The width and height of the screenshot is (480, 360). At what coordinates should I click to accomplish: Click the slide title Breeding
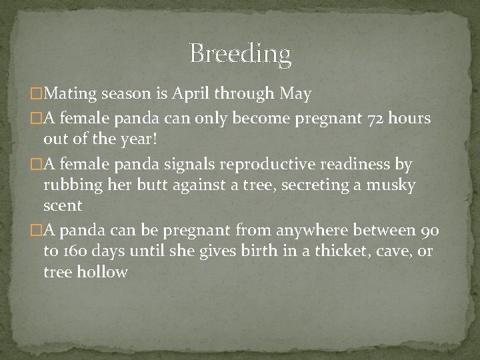[x=240, y=54]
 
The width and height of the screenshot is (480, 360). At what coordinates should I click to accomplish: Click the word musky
[x=394, y=185]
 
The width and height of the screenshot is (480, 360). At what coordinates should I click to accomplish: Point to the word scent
[x=63, y=206]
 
